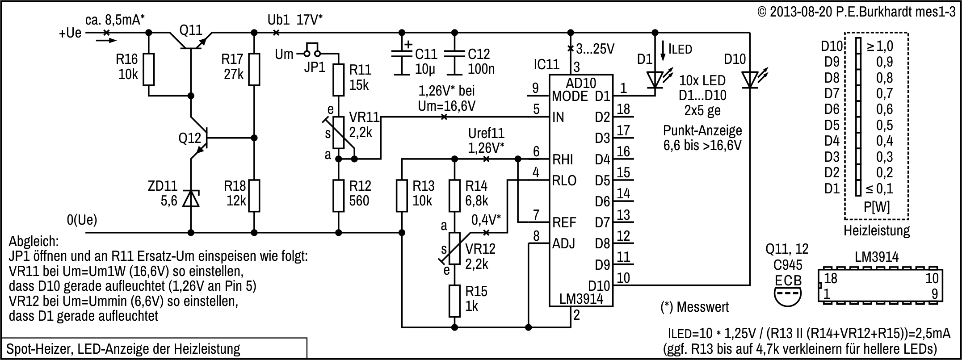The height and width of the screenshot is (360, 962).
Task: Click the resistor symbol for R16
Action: point(149,69)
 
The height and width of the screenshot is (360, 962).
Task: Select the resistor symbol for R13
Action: point(402,196)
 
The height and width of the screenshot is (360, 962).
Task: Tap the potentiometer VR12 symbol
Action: point(454,248)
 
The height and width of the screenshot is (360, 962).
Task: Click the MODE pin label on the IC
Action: point(570,96)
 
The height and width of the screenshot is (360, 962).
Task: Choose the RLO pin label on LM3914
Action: point(564,180)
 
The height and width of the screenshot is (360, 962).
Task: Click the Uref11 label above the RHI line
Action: point(486,134)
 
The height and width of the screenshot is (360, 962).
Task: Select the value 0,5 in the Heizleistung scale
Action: point(884,125)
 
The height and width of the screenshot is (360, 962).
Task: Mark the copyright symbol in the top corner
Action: point(763,12)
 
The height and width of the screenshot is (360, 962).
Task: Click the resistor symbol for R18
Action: point(254,196)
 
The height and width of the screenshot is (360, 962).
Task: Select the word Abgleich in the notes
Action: point(34,242)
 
